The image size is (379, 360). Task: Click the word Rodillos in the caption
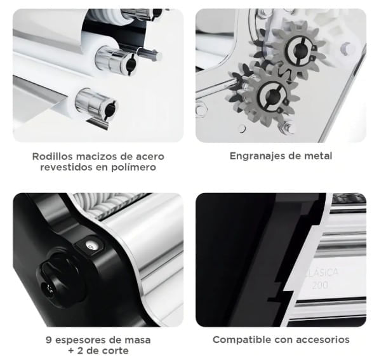53,156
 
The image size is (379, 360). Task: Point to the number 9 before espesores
49,340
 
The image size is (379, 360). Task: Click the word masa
137,340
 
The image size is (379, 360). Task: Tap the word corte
115,350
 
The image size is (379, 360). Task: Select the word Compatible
242,340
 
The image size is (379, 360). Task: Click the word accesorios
323,340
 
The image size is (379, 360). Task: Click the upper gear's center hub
300,50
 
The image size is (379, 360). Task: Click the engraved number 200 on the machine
320,285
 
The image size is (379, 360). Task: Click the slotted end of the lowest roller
109,110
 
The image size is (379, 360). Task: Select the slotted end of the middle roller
131,63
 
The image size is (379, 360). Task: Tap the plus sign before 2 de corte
71,351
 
